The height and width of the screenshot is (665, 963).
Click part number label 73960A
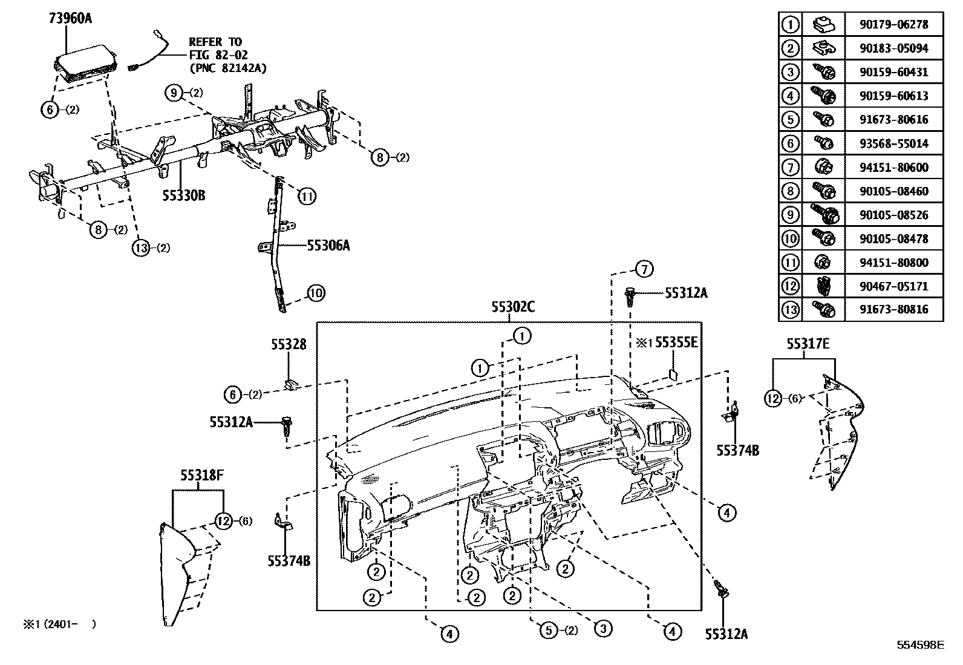pyautogui.click(x=70, y=18)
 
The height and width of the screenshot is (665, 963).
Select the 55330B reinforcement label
pyautogui.click(x=183, y=195)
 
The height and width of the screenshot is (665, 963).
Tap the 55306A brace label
pyautogui.click(x=328, y=245)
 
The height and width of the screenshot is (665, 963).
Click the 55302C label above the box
pyautogui.click(x=512, y=307)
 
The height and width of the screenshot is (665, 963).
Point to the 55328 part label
pyautogui.click(x=289, y=344)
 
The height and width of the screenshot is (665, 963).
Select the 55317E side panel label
pyautogui.click(x=808, y=344)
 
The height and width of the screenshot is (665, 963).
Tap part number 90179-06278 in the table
pyautogui.click(x=893, y=25)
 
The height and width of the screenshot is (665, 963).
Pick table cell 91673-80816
pyautogui.click(x=893, y=310)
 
